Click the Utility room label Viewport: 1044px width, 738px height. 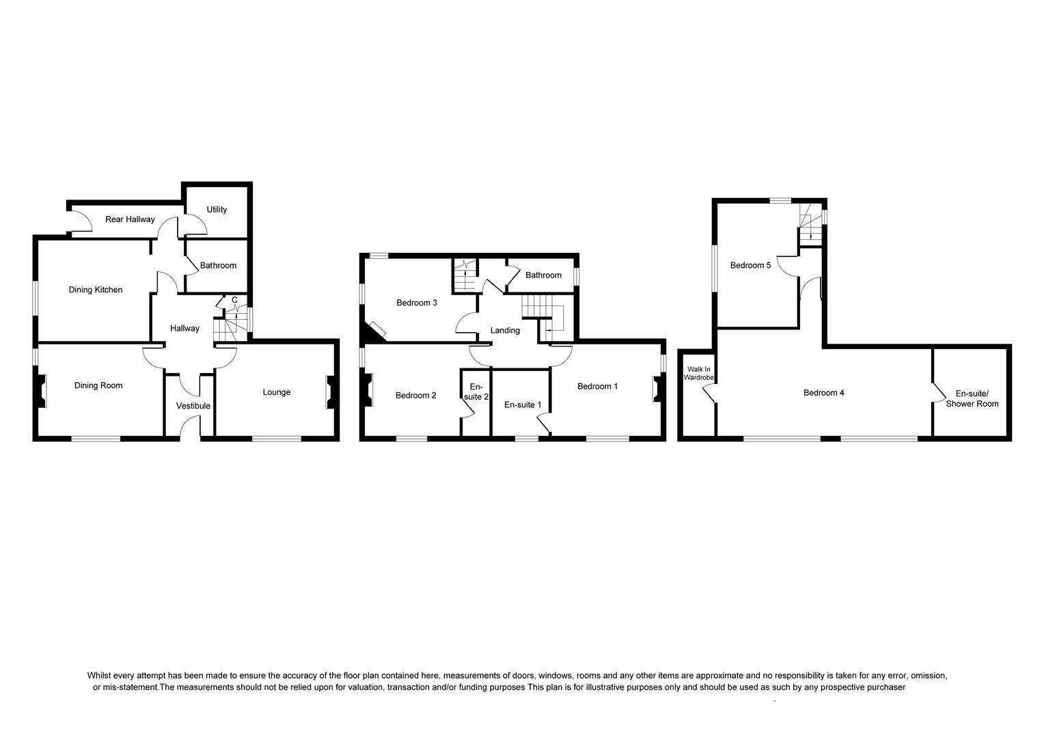tap(217, 210)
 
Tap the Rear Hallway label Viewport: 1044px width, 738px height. tap(130, 219)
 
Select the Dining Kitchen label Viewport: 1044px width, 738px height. tap(96, 290)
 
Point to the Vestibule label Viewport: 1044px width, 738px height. tap(193, 406)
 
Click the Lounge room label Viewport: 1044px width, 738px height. tap(277, 392)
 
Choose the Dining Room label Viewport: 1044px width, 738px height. tap(98, 385)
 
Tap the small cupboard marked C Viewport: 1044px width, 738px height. tap(234, 300)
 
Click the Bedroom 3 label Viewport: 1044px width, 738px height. tap(417, 303)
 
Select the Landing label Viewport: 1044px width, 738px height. tap(505, 331)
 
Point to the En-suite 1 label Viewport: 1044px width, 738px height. tap(523, 405)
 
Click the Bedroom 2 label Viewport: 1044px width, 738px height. tap(415, 396)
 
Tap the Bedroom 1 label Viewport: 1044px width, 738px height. tap(597, 386)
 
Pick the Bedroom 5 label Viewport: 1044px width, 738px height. tap(750, 266)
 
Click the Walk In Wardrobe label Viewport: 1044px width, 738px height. tap(699, 373)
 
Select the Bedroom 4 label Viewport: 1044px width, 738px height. tap(823, 393)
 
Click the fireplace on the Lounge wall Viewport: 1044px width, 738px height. tap(330, 393)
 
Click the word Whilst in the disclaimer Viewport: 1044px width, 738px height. tap(100, 675)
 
